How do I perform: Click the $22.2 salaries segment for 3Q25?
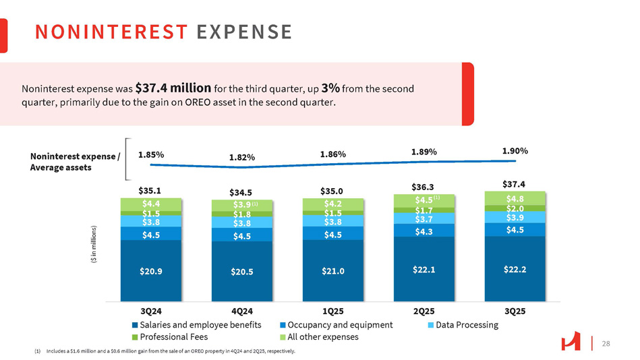tap(515, 269)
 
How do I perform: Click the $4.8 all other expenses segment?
tap(515, 198)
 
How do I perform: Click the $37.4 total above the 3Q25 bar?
tap(515, 183)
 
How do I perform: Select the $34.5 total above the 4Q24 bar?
tap(242, 191)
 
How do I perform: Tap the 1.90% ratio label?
tap(515, 152)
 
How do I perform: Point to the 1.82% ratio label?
tap(242, 157)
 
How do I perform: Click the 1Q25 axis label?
tap(333, 311)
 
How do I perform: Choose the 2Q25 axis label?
tap(424, 311)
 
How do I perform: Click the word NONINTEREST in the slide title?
tap(111, 32)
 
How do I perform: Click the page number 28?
tap(606, 344)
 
